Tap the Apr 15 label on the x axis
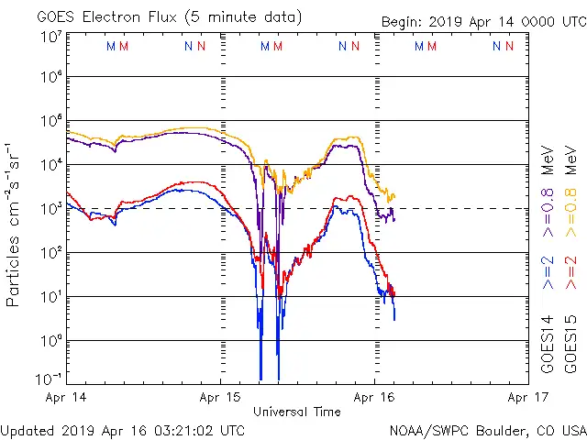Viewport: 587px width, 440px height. pyautogui.click(x=221, y=397)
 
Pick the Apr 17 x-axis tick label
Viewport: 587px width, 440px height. pyautogui.click(x=527, y=397)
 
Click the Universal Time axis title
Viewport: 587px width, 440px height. pyautogui.click(x=297, y=412)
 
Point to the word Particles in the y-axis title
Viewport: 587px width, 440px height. pyautogui.click(x=14, y=270)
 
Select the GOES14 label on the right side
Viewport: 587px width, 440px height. pyautogui.click(x=547, y=344)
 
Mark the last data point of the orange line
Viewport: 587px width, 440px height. pyautogui.click(x=394, y=195)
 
